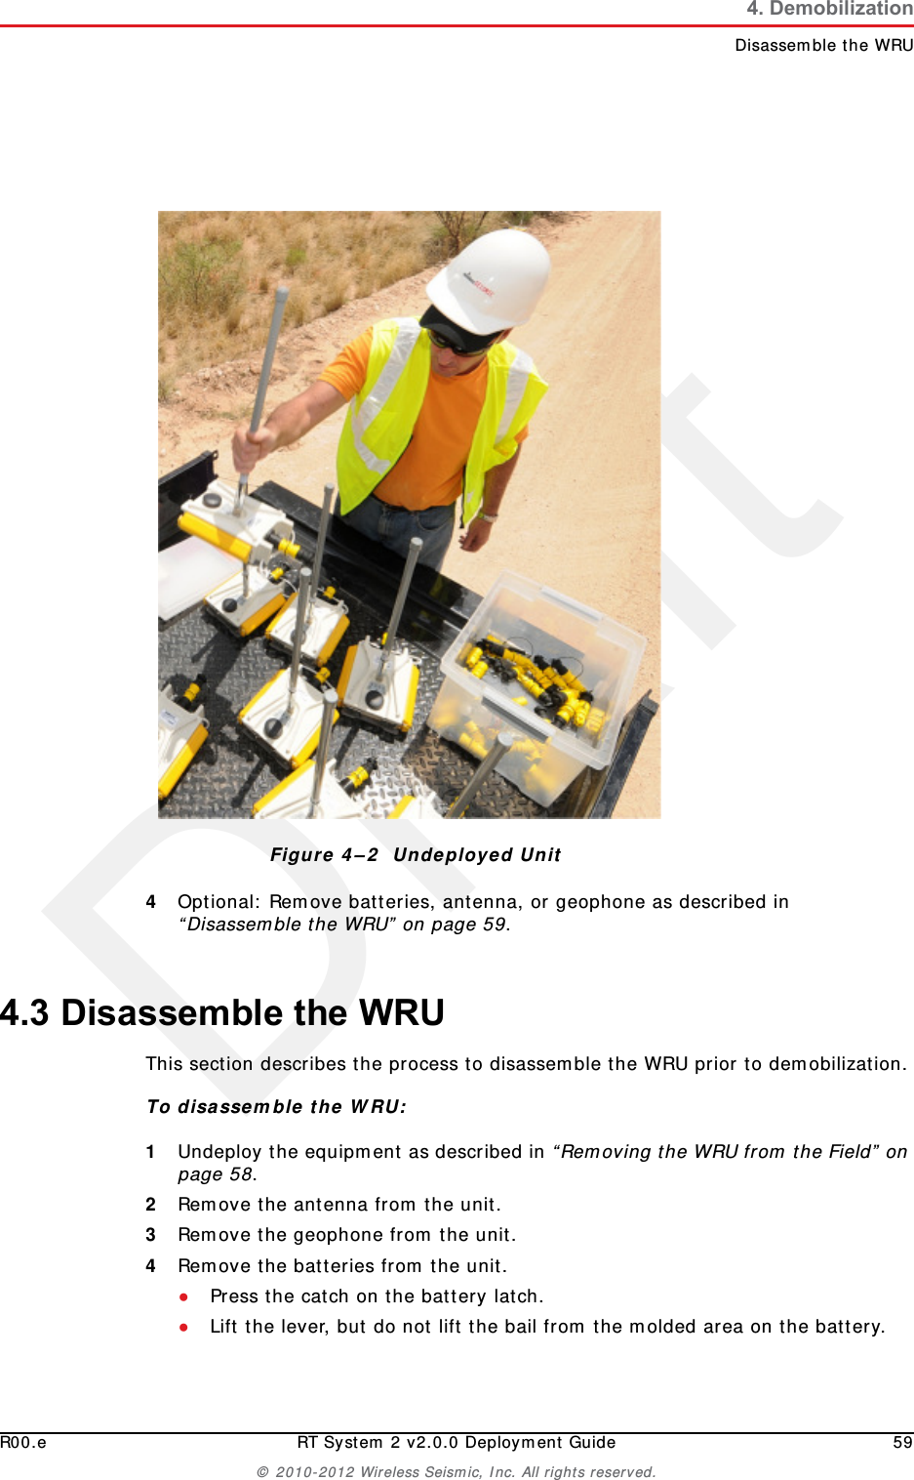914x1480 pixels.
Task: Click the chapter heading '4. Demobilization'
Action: [829, 10]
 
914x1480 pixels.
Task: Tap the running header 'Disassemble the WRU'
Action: [823, 45]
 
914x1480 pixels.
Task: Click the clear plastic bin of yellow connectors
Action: [541, 683]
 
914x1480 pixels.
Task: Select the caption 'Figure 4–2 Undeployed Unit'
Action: [416, 855]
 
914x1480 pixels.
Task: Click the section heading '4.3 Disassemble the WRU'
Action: [222, 1012]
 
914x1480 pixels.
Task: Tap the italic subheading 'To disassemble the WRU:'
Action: [276, 1106]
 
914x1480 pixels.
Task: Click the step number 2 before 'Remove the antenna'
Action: [151, 1205]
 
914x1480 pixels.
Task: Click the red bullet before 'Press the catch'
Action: [183, 1296]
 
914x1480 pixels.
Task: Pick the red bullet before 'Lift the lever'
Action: [183, 1327]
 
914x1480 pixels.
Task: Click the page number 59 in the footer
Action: [902, 1442]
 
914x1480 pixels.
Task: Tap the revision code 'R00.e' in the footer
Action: [23, 1442]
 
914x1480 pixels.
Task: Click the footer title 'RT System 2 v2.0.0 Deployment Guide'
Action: [457, 1442]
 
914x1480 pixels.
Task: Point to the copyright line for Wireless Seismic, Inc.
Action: [457, 1471]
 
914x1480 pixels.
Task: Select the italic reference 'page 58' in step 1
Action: [215, 1174]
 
